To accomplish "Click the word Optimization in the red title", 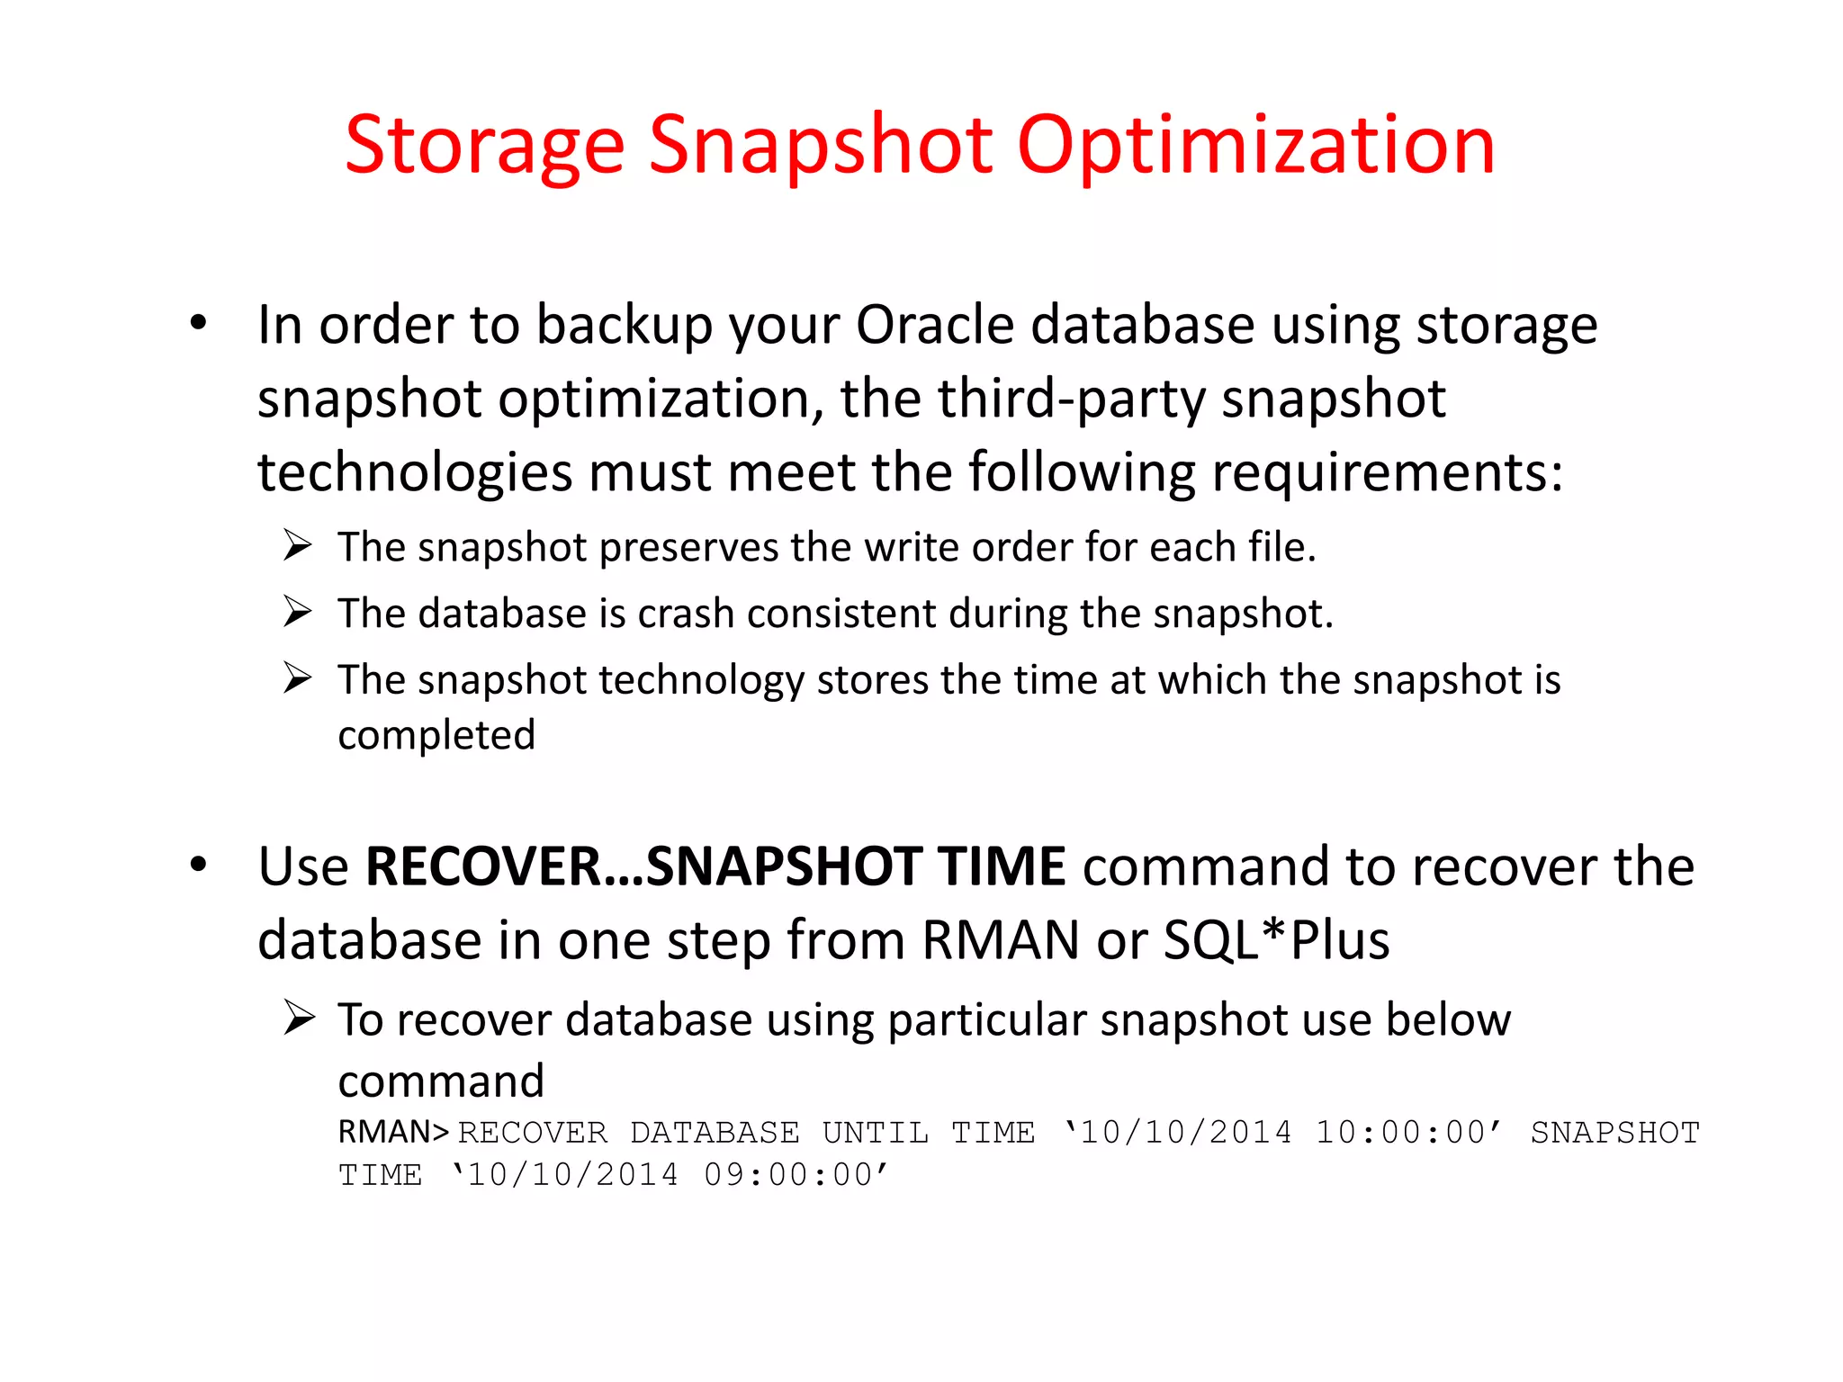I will (1255, 147).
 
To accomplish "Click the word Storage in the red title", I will (484, 147).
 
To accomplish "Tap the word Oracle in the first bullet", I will (935, 325).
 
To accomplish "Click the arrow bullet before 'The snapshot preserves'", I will (297, 545).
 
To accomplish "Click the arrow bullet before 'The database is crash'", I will (297, 612).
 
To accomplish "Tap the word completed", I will (436, 735).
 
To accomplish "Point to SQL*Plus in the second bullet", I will (1277, 940).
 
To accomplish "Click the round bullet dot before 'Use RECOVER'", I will (199, 865).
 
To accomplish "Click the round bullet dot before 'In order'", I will (199, 323).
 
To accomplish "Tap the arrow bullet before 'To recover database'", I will (298, 1019).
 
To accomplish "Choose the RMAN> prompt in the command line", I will (393, 1132).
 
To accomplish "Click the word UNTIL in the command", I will (875, 1133).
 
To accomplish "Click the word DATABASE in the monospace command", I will (715, 1133).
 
